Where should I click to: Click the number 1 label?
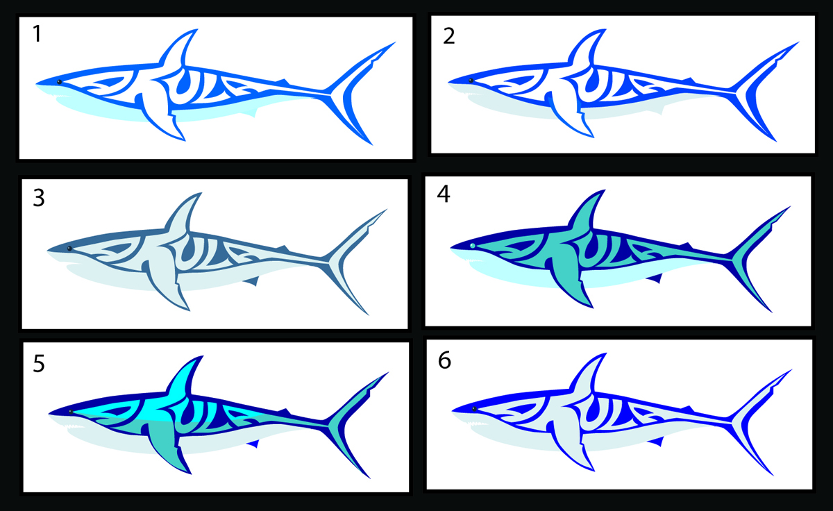pos(37,34)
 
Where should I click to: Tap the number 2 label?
pos(449,36)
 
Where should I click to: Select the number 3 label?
pos(39,198)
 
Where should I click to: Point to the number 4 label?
pos(444,194)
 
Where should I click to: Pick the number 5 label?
pos(39,363)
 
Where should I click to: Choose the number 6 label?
pos(444,360)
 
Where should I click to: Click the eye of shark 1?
pos(59,82)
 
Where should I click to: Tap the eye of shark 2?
pos(471,81)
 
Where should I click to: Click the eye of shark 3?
pos(69,249)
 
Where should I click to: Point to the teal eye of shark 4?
pos(472,246)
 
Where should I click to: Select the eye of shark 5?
pos(71,412)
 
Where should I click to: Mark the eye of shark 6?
pos(474,409)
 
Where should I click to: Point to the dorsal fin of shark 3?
pos(181,216)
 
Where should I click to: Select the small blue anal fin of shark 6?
pos(657,442)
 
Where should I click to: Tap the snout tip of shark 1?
pos(36,84)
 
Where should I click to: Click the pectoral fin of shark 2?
pos(569,113)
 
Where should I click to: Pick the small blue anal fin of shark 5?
pos(253,444)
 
